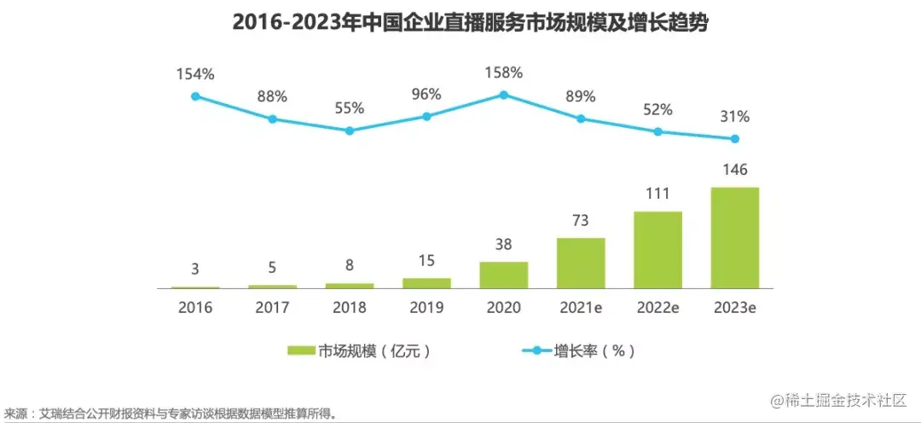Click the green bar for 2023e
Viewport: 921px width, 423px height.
(734, 238)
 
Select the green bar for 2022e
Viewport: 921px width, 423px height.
(657, 250)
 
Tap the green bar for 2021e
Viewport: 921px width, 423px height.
(581, 263)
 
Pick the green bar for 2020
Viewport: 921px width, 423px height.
(503, 275)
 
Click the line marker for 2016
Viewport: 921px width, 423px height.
(195, 96)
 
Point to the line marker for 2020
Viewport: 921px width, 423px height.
(503, 95)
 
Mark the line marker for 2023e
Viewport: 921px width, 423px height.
(734, 139)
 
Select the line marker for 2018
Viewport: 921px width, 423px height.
(350, 130)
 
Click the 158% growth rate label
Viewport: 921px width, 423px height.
(503, 72)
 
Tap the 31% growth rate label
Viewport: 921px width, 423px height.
(734, 116)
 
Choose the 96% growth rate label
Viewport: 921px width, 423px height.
(426, 94)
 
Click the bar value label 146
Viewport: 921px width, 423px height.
(734, 170)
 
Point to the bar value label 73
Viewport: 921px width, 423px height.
(581, 221)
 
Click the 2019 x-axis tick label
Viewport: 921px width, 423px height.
(426, 308)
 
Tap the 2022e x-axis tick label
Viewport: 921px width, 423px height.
(657, 308)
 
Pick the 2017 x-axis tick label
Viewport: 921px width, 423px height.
(272, 308)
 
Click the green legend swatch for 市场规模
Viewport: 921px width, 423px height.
(302, 351)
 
